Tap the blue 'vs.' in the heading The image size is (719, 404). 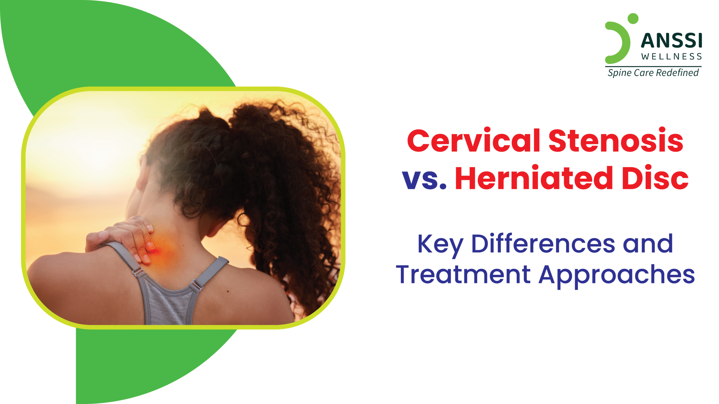(424, 180)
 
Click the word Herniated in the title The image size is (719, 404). (534, 178)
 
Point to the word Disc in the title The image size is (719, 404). (655, 178)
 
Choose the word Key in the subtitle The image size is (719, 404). (440, 245)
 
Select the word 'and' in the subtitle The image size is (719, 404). (648, 243)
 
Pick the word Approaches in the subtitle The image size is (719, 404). (617, 276)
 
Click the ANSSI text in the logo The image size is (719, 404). (672, 41)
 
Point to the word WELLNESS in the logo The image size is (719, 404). (672, 57)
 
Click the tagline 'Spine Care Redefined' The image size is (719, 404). (653, 73)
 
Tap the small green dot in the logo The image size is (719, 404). (633, 19)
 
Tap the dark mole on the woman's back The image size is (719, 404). (228, 291)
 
